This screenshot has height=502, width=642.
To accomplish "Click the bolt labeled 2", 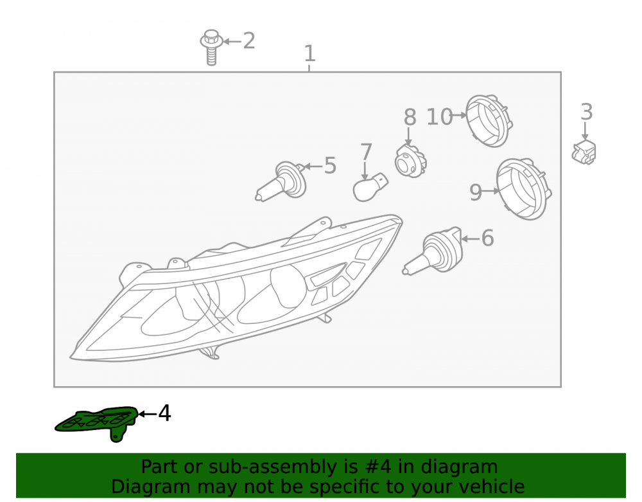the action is pos(211,47).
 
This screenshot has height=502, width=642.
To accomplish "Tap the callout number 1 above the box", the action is pos(309,54).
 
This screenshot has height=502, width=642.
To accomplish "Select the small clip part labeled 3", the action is pos(584,152).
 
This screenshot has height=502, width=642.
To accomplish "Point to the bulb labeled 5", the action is pos(281,182).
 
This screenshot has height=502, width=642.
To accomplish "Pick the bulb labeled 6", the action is pos(433,251).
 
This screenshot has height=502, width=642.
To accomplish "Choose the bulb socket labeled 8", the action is pos(411,161).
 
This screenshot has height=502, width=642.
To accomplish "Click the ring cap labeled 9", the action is pos(524,189).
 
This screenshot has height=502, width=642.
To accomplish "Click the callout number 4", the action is pos(164,413).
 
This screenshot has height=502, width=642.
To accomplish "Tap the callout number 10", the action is pos(439,117).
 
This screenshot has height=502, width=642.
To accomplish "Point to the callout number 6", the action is pos(488,238).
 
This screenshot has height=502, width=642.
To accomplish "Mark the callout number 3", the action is pos(587,112).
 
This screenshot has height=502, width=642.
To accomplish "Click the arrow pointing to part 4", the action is pos(148,414).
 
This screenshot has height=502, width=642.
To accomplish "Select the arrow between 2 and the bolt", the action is pos(232,41).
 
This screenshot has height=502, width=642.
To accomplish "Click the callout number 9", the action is pos(475,192).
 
